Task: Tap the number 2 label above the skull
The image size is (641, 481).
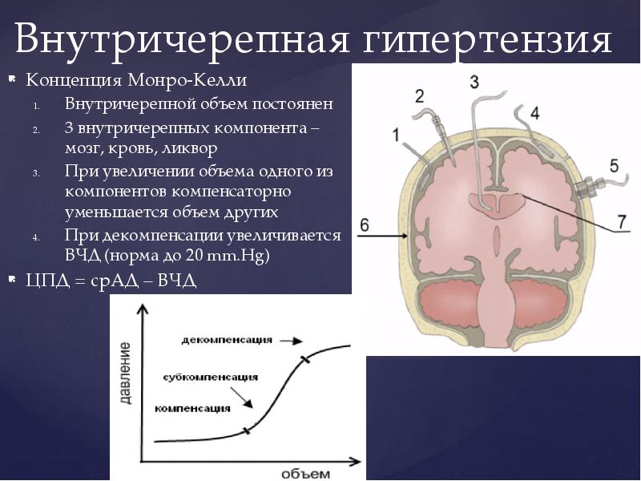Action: pos(419,96)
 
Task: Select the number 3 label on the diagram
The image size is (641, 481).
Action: pos(474,81)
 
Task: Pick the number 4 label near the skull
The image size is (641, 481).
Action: pos(534,112)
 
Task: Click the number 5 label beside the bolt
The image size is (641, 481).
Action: pos(614,166)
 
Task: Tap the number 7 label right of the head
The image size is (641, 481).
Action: pos(623,219)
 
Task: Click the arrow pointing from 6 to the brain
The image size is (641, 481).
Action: pos(393,235)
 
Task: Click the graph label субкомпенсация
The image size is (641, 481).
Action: pos(210,377)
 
